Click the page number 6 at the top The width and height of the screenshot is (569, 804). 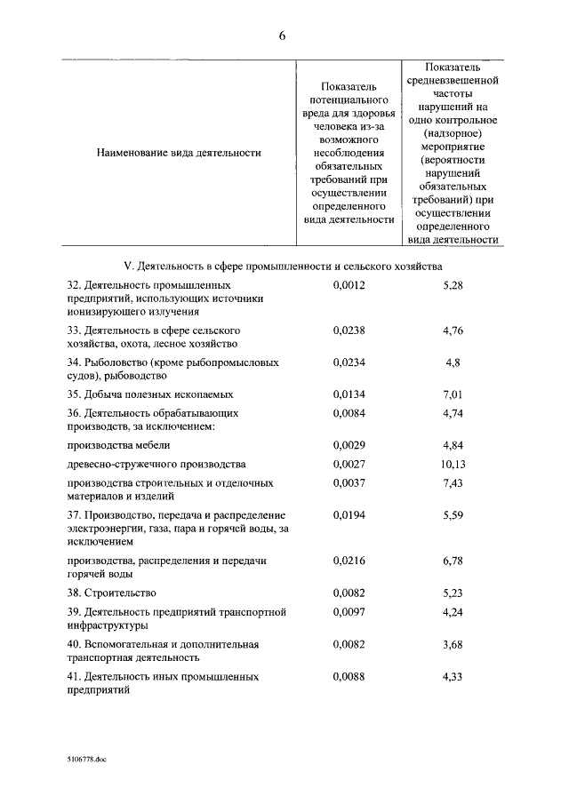[x=282, y=36]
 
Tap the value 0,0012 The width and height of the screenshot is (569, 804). [x=349, y=285]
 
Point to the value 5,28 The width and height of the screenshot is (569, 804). [x=453, y=285]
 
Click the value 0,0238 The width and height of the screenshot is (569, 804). [x=349, y=330]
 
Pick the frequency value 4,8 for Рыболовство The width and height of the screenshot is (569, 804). [x=453, y=362]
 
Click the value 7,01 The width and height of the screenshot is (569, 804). [x=453, y=394]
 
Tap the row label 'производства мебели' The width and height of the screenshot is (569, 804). [x=118, y=445]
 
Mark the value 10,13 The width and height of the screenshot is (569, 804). [x=453, y=465]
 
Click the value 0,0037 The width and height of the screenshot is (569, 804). [x=349, y=483]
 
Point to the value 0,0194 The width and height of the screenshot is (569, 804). [x=349, y=515]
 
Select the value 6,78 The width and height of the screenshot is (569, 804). [x=453, y=561]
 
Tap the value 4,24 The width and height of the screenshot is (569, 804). [x=453, y=612]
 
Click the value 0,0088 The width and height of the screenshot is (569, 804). [x=349, y=677]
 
